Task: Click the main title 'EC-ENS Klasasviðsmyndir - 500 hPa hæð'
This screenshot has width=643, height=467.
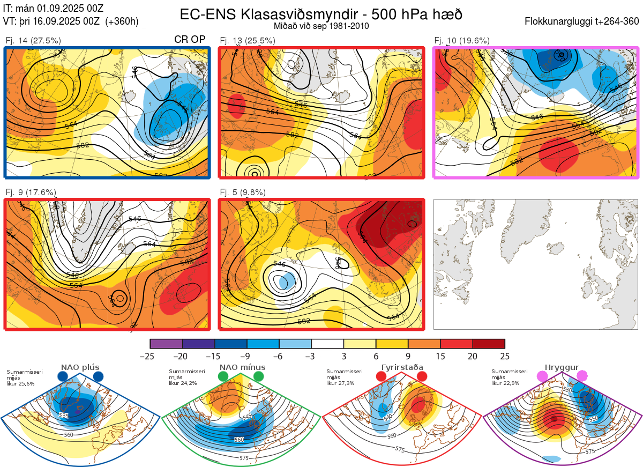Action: click(x=321, y=14)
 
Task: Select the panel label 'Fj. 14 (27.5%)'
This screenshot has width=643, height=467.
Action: click(x=33, y=41)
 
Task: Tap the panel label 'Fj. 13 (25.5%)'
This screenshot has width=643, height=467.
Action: click(x=248, y=41)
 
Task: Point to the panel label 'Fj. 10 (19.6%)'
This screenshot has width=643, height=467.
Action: click(x=462, y=41)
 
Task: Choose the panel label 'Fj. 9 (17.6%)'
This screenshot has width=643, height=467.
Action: click(x=31, y=192)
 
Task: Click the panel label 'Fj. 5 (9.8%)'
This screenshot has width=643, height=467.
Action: click(x=243, y=192)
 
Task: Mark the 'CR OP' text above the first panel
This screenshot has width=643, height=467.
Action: click(x=190, y=40)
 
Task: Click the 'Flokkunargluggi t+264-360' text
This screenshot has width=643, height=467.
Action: click(x=582, y=21)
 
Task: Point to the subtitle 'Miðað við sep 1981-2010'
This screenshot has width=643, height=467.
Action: click(x=321, y=26)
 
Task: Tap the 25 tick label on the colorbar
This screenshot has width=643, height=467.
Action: click(x=504, y=356)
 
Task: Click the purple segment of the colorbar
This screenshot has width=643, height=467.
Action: click(x=166, y=344)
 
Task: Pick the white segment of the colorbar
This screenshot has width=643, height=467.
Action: click(x=327, y=344)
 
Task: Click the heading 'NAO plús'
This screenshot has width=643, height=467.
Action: click(x=80, y=367)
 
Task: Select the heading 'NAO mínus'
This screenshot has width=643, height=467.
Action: click(x=242, y=367)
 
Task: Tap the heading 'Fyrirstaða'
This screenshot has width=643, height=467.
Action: click(x=402, y=367)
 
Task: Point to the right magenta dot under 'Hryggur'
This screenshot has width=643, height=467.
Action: click(x=582, y=376)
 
